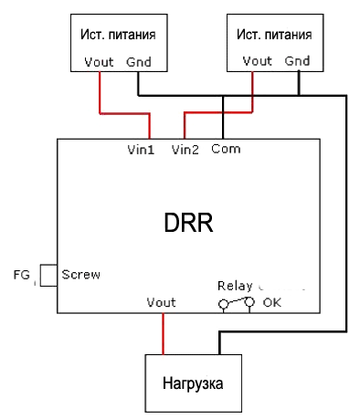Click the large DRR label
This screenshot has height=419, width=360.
click(188, 223)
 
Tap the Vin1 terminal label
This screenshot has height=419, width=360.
click(141, 150)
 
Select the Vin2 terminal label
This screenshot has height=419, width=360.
click(185, 150)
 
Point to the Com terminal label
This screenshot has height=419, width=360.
click(226, 149)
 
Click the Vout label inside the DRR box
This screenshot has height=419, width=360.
click(161, 302)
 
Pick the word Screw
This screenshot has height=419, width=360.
click(80, 275)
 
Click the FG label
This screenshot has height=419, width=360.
click(22, 275)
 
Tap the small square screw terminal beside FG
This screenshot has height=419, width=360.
click(48, 276)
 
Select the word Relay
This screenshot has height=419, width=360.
click(235, 287)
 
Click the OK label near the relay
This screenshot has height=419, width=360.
click(272, 302)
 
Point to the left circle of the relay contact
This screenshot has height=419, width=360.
click(223, 304)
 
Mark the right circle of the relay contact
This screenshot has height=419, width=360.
click(249, 302)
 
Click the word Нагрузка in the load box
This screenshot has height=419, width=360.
click(193, 383)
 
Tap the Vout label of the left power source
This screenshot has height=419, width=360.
click(99, 62)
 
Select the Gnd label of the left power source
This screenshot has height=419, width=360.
click(139, 62)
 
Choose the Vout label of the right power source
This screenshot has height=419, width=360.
click(257, 61)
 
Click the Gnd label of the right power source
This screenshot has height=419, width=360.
click(297, 61)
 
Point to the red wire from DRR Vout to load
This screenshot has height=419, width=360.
click(164, 334)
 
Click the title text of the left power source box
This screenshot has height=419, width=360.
click(118, 35)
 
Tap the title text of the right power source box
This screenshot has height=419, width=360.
click(274, 35)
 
